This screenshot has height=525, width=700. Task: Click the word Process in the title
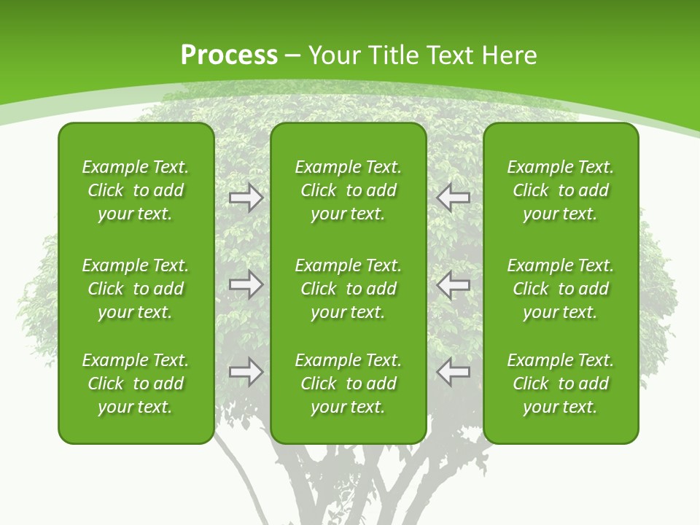(x=229, y=55)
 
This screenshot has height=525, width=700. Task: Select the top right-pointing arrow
(x=246, y=197)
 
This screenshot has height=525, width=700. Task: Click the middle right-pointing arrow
(x=246, y=284)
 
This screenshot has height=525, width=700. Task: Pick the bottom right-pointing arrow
(x=246, y=372)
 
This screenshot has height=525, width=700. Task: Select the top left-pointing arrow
(x=453, y=197)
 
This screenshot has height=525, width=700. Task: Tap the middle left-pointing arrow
(x=453, y=284)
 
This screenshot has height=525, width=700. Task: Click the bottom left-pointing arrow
(x=453, y=372)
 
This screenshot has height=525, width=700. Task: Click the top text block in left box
(x=136, y=190)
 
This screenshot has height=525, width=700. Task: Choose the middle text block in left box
(x=136, y=289)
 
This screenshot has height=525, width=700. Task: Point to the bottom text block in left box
(x=136, y=384)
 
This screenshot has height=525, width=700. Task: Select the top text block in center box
(x=348, y=190)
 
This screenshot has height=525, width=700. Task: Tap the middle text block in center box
(x=348, y=289)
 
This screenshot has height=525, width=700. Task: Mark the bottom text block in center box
(x=348, y=384)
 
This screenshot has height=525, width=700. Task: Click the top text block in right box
(x=560, y=190)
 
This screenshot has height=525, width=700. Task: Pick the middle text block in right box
(x=560, y=289)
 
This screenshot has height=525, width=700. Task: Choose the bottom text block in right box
(x=560, y=384)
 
